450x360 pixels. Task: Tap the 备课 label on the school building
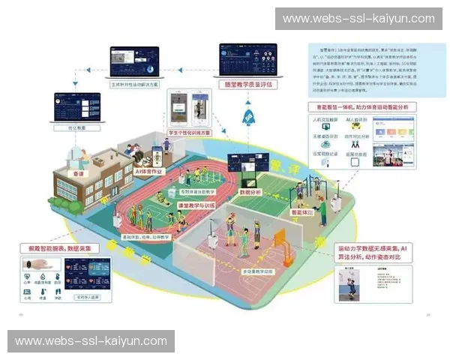click(x=77, y=172)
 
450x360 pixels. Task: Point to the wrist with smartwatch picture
click(x=37, y=265)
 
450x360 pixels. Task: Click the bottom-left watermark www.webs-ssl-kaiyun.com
click(x=91, y=340)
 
